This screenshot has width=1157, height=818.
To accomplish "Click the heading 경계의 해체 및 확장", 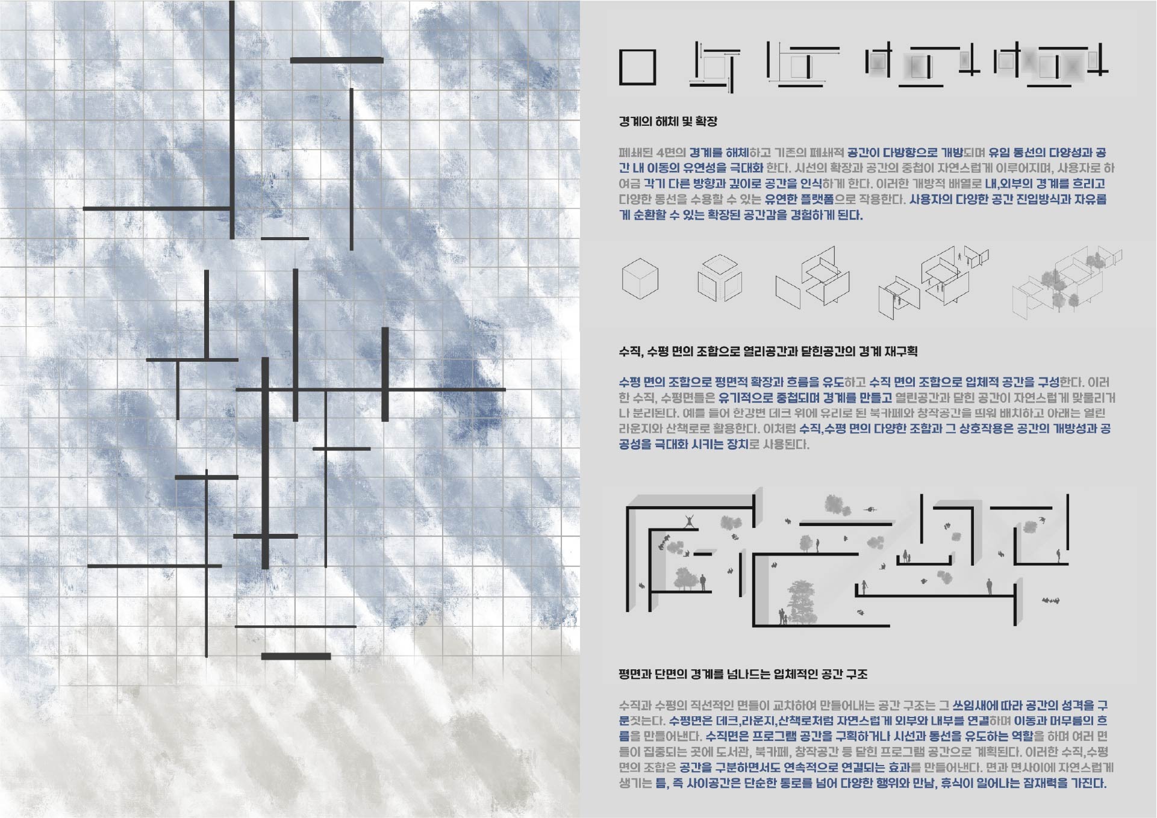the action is click(668, 122).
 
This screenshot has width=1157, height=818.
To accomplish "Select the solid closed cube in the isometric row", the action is click(640, 278).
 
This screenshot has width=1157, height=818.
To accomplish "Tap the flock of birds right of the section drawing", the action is click(1051, 600).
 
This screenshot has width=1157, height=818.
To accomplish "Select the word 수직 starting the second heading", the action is click(630, 352).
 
